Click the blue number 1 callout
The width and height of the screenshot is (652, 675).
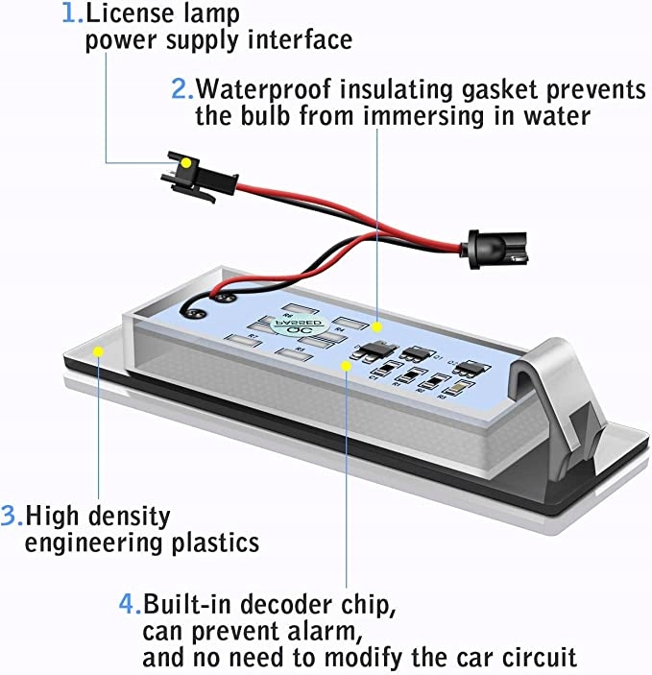(x=68, y=15)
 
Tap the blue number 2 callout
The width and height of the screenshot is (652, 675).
(x=181, y=90)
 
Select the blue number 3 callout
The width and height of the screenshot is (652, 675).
(x=12, y=516)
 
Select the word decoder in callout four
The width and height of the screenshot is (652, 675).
(x=282, y=605)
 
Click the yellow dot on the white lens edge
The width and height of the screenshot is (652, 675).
(x=96, y=351)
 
